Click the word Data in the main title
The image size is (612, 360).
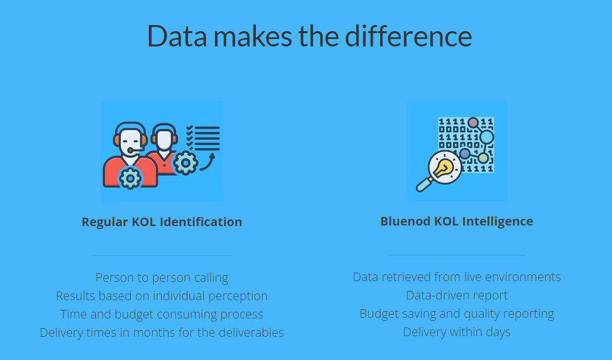tap(177, 36)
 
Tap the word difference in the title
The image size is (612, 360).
tap(408, 35)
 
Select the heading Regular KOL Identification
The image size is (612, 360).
tap(162, 222)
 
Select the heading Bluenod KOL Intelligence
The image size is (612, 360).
tap(457, 221)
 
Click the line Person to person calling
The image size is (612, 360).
tap(162, 277)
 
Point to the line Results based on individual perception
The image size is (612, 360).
tap(162, 296)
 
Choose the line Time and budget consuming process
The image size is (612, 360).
tap(162, 314)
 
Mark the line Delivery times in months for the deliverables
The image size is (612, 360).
tap(162, 332)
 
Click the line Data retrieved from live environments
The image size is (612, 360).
tap(457, 277)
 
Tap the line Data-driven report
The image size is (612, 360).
tap(457, 295)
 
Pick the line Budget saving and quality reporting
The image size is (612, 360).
tap(457, 314)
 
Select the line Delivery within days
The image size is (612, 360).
tap(457, 332)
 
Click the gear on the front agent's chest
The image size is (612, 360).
tap(130, 178)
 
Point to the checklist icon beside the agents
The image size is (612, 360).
tap(203, 138)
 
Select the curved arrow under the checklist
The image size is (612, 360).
tap(208, 163)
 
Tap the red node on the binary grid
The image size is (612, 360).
tap(473, 123)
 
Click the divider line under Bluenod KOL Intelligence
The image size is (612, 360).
tap(457, 255)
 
